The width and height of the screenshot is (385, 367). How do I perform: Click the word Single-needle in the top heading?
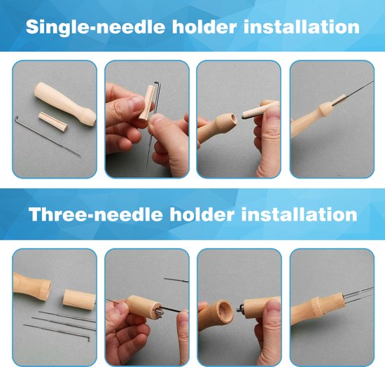[94, 27]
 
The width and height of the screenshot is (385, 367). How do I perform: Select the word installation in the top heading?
[302, 27]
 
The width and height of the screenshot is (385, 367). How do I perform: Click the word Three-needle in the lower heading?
[95, 214]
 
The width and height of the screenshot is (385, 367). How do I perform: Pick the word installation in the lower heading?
[300, 214]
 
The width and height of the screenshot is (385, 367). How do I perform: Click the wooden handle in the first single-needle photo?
[65, 104]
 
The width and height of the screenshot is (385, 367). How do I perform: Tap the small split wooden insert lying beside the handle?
[53, 121]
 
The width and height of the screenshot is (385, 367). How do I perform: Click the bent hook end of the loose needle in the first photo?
[17, 119]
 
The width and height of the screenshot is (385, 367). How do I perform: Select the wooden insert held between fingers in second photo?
[147, 103]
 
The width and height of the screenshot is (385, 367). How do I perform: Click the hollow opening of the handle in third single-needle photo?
[232, 120]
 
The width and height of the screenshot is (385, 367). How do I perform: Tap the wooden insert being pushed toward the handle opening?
[260, 110]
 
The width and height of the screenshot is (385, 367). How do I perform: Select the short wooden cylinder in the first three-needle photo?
[79, 298]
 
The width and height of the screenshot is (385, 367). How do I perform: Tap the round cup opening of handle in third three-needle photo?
[225, 310]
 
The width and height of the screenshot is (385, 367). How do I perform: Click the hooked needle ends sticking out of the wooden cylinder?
[240, 307]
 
